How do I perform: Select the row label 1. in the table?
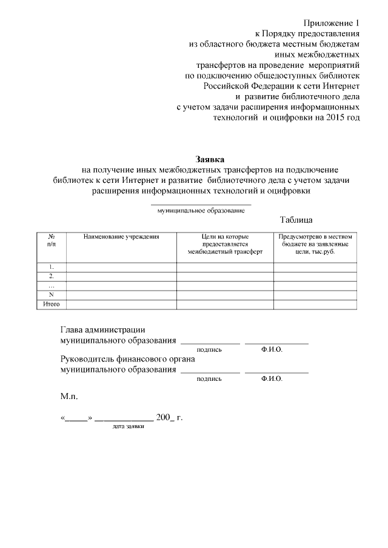click(x=51, y=266)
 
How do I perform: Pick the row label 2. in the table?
click(x=51, y=276)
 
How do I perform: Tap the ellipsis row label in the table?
click(x=51, y=285)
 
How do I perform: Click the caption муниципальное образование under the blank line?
click(x=201, y=211)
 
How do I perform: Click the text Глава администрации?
click(x=102, y=330)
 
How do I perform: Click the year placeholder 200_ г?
click(x=169, y=418)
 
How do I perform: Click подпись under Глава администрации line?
click(x=209, y=350)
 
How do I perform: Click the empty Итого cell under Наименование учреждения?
click(x=121, y=304)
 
